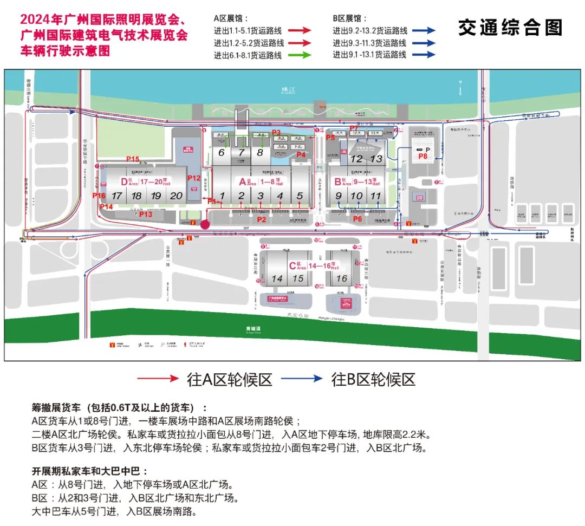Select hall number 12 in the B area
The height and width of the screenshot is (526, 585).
[356, 159]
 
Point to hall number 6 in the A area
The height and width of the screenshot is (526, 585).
[221, 153]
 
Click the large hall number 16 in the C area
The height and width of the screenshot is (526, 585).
[341, 278]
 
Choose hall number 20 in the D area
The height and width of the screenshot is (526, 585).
[176, 196]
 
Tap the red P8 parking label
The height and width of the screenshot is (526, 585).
[423, 156]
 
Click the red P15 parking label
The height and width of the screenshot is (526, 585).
[133, 159]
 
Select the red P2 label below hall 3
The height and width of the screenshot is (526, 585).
[262, 219]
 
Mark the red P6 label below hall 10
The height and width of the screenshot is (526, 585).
[357, 219]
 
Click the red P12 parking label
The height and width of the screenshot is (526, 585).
[194, 178]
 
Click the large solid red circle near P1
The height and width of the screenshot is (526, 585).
[205, 224]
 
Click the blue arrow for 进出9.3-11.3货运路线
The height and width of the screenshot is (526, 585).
[424, 43]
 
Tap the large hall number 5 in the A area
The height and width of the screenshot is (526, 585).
[300, 196]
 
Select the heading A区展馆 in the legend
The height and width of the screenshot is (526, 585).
[231, 18]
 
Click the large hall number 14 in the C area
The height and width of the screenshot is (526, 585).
[277, 278]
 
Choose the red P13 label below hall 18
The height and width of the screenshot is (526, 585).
[146, 214]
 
